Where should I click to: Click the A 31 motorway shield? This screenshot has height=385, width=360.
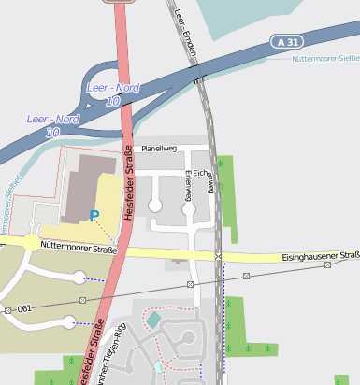(290, 42)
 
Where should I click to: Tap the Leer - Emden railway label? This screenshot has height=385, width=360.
(187, 33)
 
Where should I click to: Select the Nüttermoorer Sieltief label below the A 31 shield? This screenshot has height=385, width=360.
(325, 59)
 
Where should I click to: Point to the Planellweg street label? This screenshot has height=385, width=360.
(158, 149)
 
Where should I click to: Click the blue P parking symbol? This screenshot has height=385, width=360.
(94, 216)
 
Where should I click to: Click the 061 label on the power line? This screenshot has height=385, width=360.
(24, 307)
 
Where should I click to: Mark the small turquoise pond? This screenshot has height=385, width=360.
(153, 321)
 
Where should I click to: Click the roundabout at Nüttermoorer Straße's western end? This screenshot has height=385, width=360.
(32, 242)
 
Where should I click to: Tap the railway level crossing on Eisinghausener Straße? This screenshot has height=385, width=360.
(218, 257)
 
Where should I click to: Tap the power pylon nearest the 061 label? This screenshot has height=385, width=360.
(7, 309)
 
